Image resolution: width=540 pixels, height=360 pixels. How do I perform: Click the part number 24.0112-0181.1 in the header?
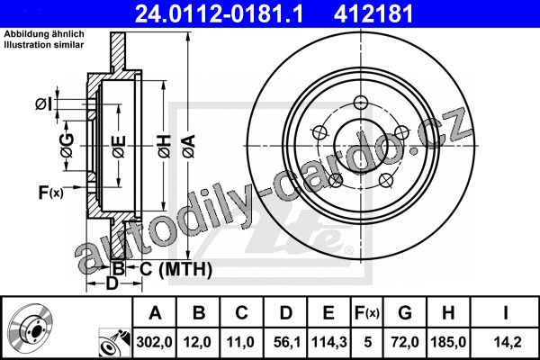point(219,13)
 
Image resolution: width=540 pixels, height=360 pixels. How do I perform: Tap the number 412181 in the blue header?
point(373,13)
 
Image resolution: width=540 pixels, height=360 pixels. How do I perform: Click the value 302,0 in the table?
point(154,342)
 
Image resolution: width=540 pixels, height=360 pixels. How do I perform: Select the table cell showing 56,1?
point(286,342)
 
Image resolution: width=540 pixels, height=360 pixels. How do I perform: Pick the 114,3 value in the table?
point(328,342)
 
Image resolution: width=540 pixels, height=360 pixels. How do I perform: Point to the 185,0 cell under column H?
point(448,342)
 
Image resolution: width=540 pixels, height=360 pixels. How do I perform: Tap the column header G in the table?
point(405,313)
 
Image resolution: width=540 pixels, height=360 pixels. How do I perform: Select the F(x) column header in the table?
point(367,313)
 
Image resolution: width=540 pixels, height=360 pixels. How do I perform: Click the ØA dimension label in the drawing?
point(189,147)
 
